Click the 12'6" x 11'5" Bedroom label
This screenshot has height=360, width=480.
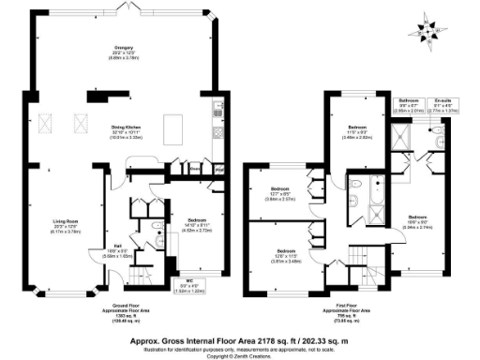coord(282,251)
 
